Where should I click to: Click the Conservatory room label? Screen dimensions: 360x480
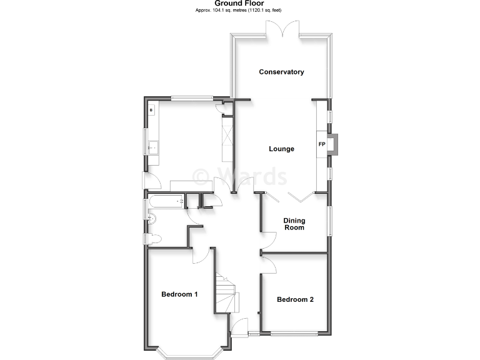coord(281,72)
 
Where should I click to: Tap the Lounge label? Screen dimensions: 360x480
coord(281,149)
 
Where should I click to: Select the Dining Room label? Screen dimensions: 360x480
coord(294,224)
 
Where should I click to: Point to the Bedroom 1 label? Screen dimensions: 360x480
coord(179,294)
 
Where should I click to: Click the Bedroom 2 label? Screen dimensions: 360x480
coord(295,299)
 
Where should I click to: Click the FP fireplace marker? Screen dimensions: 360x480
coord(322,145)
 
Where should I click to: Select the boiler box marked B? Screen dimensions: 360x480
coord(151,111)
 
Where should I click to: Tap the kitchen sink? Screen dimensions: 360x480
coord(152,147)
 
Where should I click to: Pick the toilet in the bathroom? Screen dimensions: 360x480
coord(154,238)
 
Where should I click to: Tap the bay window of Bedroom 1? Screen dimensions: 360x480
coord(188,354)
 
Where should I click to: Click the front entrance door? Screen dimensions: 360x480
coord(239,327)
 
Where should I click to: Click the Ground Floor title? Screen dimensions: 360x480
coord(239,4)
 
